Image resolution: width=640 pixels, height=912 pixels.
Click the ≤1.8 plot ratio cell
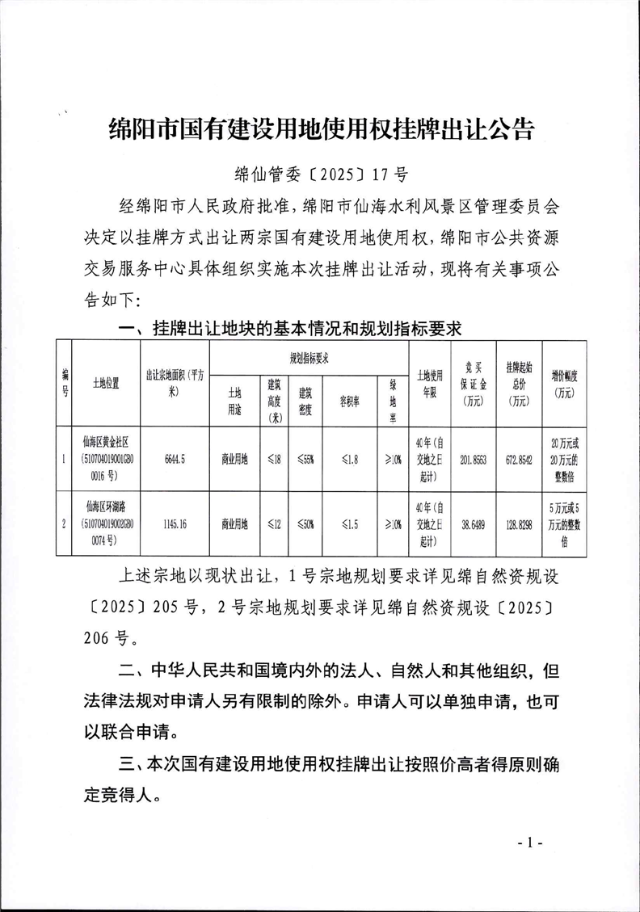tap(349, 459)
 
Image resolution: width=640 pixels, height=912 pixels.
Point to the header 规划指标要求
tap(309, 356)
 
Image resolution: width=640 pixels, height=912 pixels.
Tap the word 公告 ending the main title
tap(512, 129)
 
